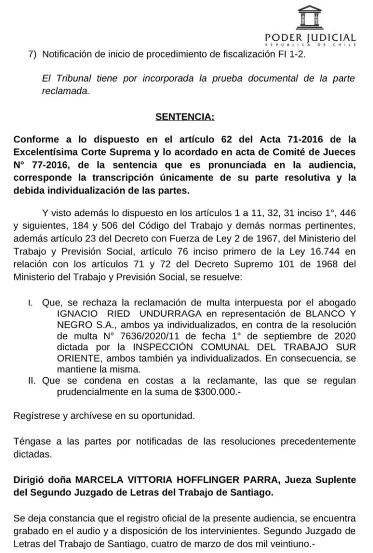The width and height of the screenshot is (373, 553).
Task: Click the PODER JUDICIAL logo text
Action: point(310,38)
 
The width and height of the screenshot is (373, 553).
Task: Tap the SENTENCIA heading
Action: point(184,117)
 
